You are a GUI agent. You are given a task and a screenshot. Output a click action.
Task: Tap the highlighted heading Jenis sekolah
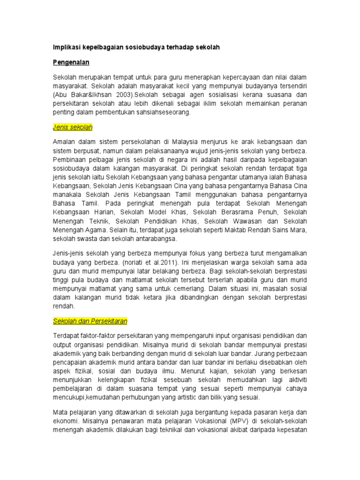(72, 127)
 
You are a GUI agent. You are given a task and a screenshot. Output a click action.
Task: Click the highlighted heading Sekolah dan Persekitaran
(90, 321)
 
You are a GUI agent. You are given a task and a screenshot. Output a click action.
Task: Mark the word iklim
(202, 104)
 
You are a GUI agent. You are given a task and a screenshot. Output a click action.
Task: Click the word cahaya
(294, 389)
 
